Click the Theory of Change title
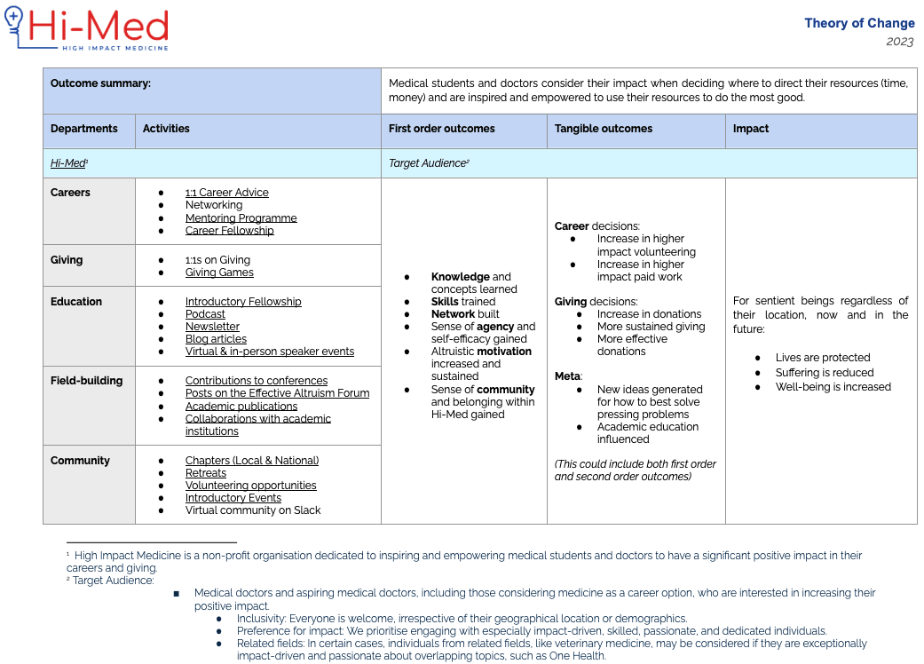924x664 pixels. point(858,23)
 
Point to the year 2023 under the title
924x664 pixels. point(900,42)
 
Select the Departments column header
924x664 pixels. point(84,129)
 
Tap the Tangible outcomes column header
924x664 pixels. point(604,129)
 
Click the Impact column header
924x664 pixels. point(751,129)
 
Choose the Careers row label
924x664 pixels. point(70,193)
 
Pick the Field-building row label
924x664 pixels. point(86,381)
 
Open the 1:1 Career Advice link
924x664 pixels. point(226,193)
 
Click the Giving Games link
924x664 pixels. point(219,273)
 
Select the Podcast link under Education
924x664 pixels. point(205,314)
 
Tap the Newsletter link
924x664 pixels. point(212,327)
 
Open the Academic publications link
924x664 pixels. point(241,407)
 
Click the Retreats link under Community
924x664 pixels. point(206,473)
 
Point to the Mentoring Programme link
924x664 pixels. point(241,218)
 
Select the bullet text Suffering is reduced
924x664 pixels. point(825,373)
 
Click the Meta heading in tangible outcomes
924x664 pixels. point(568,376)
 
